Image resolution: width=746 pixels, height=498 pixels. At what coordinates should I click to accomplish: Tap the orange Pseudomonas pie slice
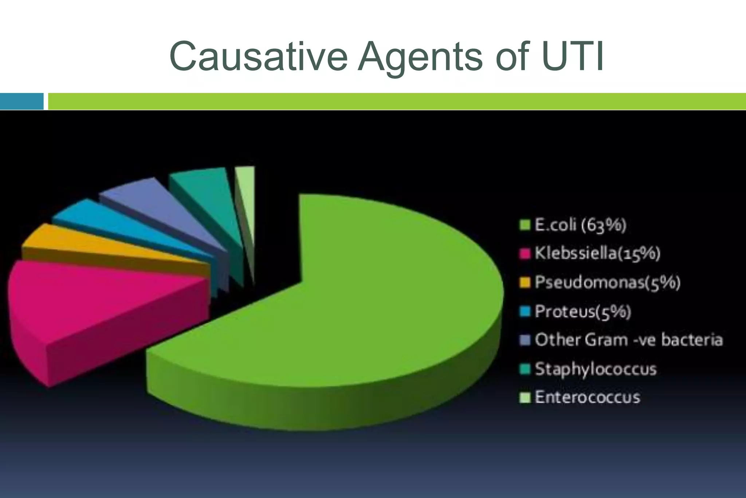click(x=91, y=244)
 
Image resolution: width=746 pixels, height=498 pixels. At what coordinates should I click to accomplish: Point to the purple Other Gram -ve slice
click(x=153, y=201)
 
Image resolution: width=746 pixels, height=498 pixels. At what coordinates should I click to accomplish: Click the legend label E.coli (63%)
click(x=580, y=225)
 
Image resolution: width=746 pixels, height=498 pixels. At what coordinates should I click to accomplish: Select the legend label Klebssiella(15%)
click(x=597, y=253)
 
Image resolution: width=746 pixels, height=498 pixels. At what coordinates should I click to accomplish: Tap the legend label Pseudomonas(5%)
click(x=608, y=283)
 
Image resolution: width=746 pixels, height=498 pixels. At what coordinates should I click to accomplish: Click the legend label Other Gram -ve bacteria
click(x=629, y=340)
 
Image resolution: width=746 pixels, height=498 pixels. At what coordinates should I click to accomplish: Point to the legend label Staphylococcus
click(x=596, y=369)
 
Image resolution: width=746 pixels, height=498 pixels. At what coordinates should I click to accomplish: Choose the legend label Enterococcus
click(x=587, y=397)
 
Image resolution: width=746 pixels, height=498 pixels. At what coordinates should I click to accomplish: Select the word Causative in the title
click(x=259, y=57)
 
